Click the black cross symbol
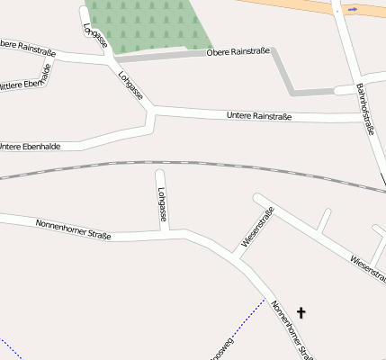[301, 312]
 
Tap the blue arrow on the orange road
[352, 10]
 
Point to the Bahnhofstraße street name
[364, 109]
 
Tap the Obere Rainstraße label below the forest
[238, 52]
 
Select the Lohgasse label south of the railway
[162, 204]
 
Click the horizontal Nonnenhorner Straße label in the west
[73, 229]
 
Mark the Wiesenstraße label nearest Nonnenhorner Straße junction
[258, 227]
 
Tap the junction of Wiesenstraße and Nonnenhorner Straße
[236, 257]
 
